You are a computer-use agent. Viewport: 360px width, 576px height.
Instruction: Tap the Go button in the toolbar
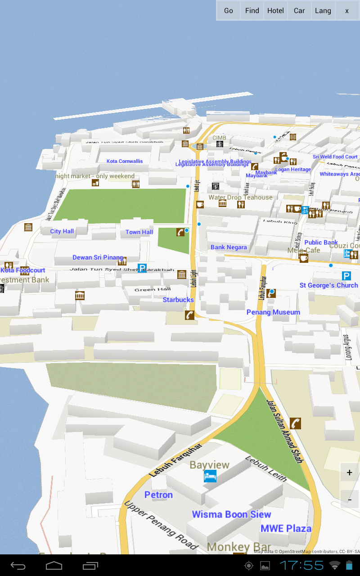click(229, 11)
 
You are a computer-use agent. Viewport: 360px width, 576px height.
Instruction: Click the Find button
click(252, 11)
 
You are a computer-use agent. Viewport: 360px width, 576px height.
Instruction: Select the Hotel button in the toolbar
click(275, 11)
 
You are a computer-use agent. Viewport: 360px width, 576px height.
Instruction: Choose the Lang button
click(323, 11)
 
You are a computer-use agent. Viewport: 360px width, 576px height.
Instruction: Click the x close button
click(347, 11)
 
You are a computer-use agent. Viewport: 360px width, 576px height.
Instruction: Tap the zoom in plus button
click(350, 472)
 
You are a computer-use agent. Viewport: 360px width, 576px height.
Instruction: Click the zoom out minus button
click(350, 499)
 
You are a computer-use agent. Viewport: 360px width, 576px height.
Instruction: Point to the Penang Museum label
click(273, 312)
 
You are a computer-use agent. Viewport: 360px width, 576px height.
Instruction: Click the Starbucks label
click(178, 300)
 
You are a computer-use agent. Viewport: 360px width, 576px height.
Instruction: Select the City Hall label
click(62, 231)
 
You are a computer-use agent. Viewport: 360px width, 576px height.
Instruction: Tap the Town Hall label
click(139, 232)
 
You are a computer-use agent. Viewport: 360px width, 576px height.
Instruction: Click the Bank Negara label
click(229, 247)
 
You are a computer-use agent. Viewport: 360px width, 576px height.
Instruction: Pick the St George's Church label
click(329, 285)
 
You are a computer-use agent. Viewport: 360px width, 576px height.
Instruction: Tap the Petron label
click(158, 495)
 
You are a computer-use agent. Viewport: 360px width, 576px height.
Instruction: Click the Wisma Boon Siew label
click(231, 514)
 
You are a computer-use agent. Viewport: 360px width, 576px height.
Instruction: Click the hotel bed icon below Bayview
click(210, 476)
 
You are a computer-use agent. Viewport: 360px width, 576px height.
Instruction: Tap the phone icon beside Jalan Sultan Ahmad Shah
click(296, 423)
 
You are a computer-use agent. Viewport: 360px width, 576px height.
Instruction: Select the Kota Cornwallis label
click(125, 161)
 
